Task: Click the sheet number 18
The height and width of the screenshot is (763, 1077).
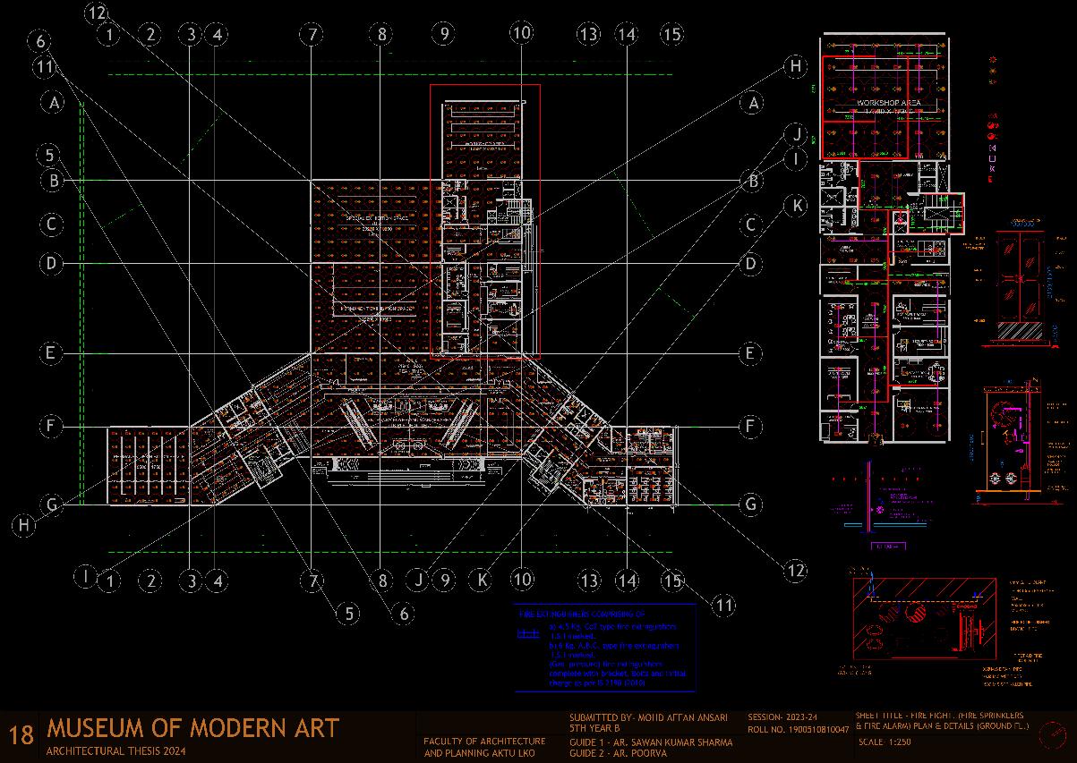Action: click(21, 735)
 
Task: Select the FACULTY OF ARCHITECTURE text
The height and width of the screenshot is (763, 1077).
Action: click(484, 742)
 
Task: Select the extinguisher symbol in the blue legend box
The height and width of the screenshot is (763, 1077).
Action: click(525, 633)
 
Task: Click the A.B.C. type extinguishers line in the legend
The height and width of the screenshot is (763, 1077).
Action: click(612, 645)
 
